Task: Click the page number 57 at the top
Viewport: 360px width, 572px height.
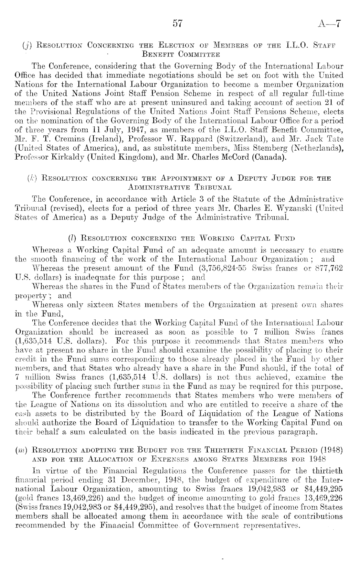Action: click(x=178, y=24)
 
